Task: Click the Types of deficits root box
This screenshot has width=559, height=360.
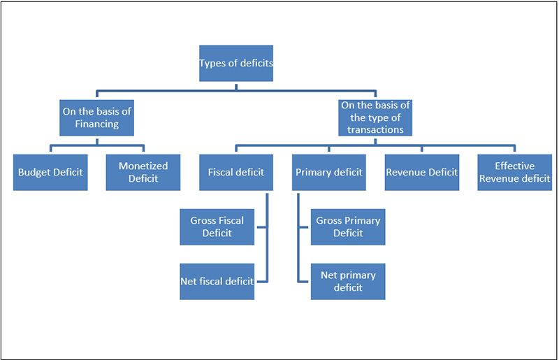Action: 235,64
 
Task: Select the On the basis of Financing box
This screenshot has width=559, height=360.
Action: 96,117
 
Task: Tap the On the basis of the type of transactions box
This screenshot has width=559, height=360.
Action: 376,117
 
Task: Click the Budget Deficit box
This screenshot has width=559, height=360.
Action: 51,172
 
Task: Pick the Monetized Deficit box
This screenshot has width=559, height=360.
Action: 143,172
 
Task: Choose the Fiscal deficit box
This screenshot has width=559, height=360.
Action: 236,172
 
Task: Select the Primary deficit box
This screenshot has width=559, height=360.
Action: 329,172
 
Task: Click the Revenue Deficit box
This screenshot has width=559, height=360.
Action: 422,172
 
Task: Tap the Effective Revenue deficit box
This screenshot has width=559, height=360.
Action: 515,172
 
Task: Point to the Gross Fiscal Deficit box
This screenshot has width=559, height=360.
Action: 217,226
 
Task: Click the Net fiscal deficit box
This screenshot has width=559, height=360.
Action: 217,281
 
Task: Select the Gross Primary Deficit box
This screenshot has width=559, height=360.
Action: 348,226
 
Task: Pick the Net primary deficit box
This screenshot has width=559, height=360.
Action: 348,281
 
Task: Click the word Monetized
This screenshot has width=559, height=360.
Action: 143,166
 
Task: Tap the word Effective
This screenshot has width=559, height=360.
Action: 515,166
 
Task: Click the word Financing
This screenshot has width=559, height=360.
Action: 97,124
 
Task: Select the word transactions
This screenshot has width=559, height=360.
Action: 376,130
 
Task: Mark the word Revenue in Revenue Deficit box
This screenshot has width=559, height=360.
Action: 405,172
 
